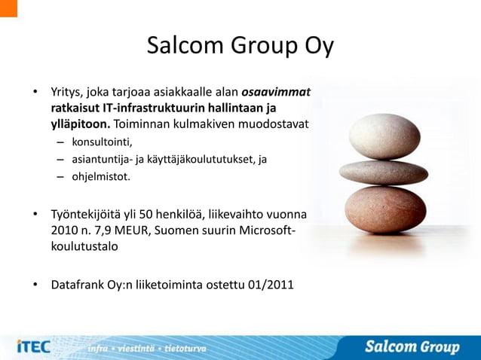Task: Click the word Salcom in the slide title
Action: point(185,46)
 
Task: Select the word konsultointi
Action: point(102,142)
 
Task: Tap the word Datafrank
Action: point(77,285)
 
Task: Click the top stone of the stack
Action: point(385,135)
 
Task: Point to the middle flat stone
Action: point(384,172)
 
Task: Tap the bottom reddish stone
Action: point(384,209)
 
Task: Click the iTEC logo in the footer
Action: point(33,346)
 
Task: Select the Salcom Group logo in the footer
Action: point(412,346)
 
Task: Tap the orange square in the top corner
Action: point(8,8)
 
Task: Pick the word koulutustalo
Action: point(84,246)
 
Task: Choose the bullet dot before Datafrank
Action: point(35,286)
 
